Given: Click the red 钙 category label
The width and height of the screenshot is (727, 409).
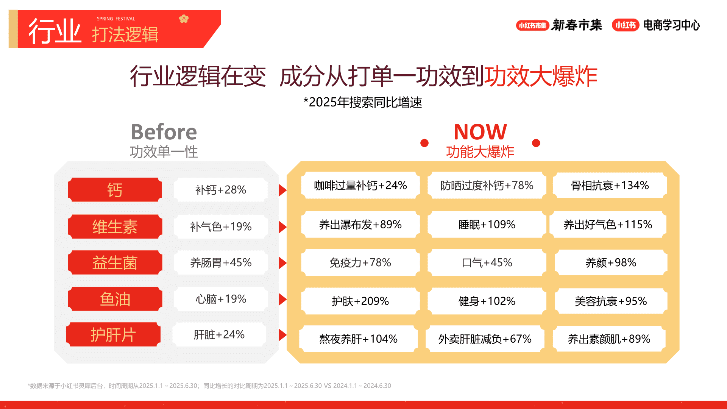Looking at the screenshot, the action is tap(115, 190).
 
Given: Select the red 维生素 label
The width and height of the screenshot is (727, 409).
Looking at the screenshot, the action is tap(115, 226).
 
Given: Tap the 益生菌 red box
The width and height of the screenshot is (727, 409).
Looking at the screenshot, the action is tap(115, 262).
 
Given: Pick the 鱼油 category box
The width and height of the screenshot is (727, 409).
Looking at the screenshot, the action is tap(115, 299).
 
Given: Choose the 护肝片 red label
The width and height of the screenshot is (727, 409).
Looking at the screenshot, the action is tap(113, 334).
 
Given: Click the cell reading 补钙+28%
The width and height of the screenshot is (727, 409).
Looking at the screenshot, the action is tap(221, 190).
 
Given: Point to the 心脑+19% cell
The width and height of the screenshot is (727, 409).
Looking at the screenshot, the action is tap(221, 299).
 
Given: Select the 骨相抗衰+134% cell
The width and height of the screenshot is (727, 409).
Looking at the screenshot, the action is tap(610, 185).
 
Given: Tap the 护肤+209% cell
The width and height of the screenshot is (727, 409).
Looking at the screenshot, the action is tap(360, 301).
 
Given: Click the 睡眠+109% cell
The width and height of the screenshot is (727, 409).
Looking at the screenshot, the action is tap(487, 225).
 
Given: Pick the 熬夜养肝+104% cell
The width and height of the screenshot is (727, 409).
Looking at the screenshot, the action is tap(358, 339).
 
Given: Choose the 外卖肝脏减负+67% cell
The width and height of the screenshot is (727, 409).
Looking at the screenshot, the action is tap(485, 339).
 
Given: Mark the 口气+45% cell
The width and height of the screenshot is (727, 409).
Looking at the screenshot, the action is tap(487, 262).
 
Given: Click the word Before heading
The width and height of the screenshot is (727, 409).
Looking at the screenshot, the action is tap(164, 132).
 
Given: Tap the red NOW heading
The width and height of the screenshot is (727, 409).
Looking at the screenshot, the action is tap(480, 132).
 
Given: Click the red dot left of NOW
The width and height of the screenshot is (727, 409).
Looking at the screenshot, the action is tap(424, 143).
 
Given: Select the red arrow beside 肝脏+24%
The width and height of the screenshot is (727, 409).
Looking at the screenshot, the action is tap(282, 335).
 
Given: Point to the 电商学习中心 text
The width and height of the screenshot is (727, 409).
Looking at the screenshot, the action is tap(672, 25).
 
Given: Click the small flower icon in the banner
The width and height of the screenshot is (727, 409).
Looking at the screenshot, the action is tap(184, 19).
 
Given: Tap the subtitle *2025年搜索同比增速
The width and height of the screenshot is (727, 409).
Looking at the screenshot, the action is tap(363, 102).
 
